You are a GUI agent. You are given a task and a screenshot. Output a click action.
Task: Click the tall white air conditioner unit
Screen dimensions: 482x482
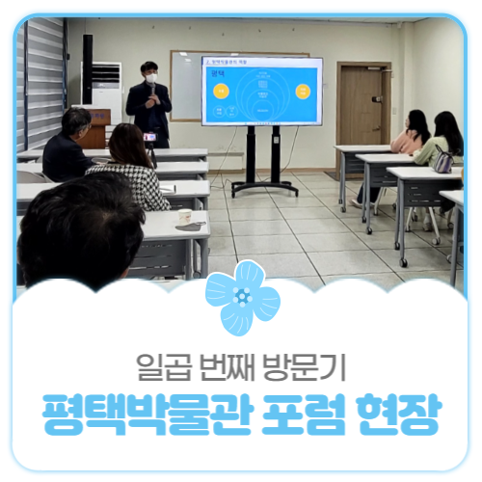click(x=106, y=96)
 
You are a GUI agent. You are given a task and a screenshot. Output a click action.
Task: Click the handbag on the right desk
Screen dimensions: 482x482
click(x=443, y=162)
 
